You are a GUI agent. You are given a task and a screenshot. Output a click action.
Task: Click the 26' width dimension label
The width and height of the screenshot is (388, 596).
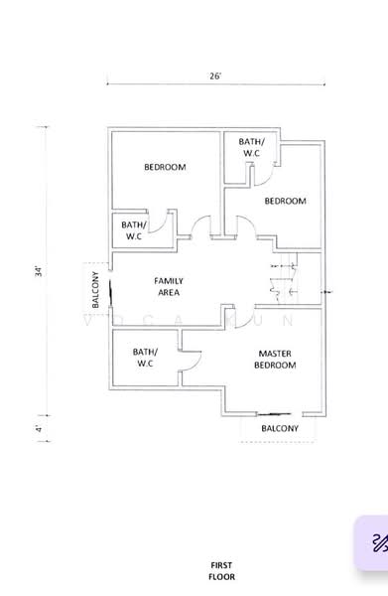[214, 75]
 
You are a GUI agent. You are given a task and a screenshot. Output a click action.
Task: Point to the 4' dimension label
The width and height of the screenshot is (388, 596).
[39, 428]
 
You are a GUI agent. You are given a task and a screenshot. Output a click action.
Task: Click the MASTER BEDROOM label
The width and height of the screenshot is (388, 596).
[275, 360]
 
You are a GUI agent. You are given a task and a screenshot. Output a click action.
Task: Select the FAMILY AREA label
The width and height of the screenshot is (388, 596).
[168, 287]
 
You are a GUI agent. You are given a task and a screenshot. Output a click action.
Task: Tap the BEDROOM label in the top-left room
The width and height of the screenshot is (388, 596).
[165, 167]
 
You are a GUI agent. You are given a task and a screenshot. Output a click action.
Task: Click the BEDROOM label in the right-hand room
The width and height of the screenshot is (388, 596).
[285, 201]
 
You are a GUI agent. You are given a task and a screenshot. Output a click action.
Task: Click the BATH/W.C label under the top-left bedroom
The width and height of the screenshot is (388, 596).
[133, 230]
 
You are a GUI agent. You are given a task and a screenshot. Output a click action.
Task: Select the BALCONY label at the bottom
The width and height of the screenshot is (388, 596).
[279, 428]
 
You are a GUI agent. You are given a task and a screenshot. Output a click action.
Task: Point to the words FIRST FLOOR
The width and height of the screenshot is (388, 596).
[221, 570]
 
